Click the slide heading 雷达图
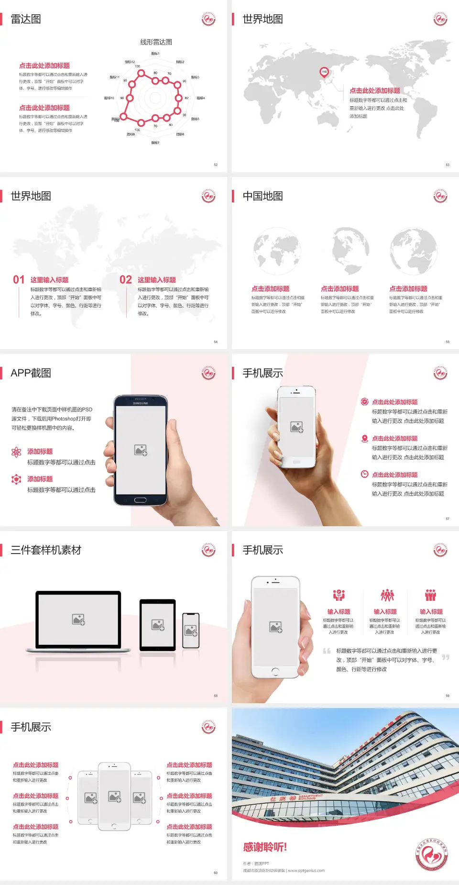coord(26,19)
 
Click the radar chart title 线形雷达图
coord(156,42)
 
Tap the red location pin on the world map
coord(324,72)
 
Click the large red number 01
coord(19,280)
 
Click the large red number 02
coord(126,280)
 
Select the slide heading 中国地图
coord(262,196)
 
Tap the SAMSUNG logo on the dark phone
coord(140,403)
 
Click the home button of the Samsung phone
coord(140,500)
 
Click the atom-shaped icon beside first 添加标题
coord(16,452)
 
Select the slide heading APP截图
coord(31,373)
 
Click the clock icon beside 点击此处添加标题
coord(364,474)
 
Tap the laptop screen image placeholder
coord(78,619)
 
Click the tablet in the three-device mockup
coord(158,624)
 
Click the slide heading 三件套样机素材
coord(46,550)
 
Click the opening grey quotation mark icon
coord(327,651)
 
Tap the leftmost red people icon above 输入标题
coord(339,595)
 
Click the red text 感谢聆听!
coord(265,847)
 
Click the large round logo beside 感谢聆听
coord(432,854)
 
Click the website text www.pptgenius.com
coord(306,871)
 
